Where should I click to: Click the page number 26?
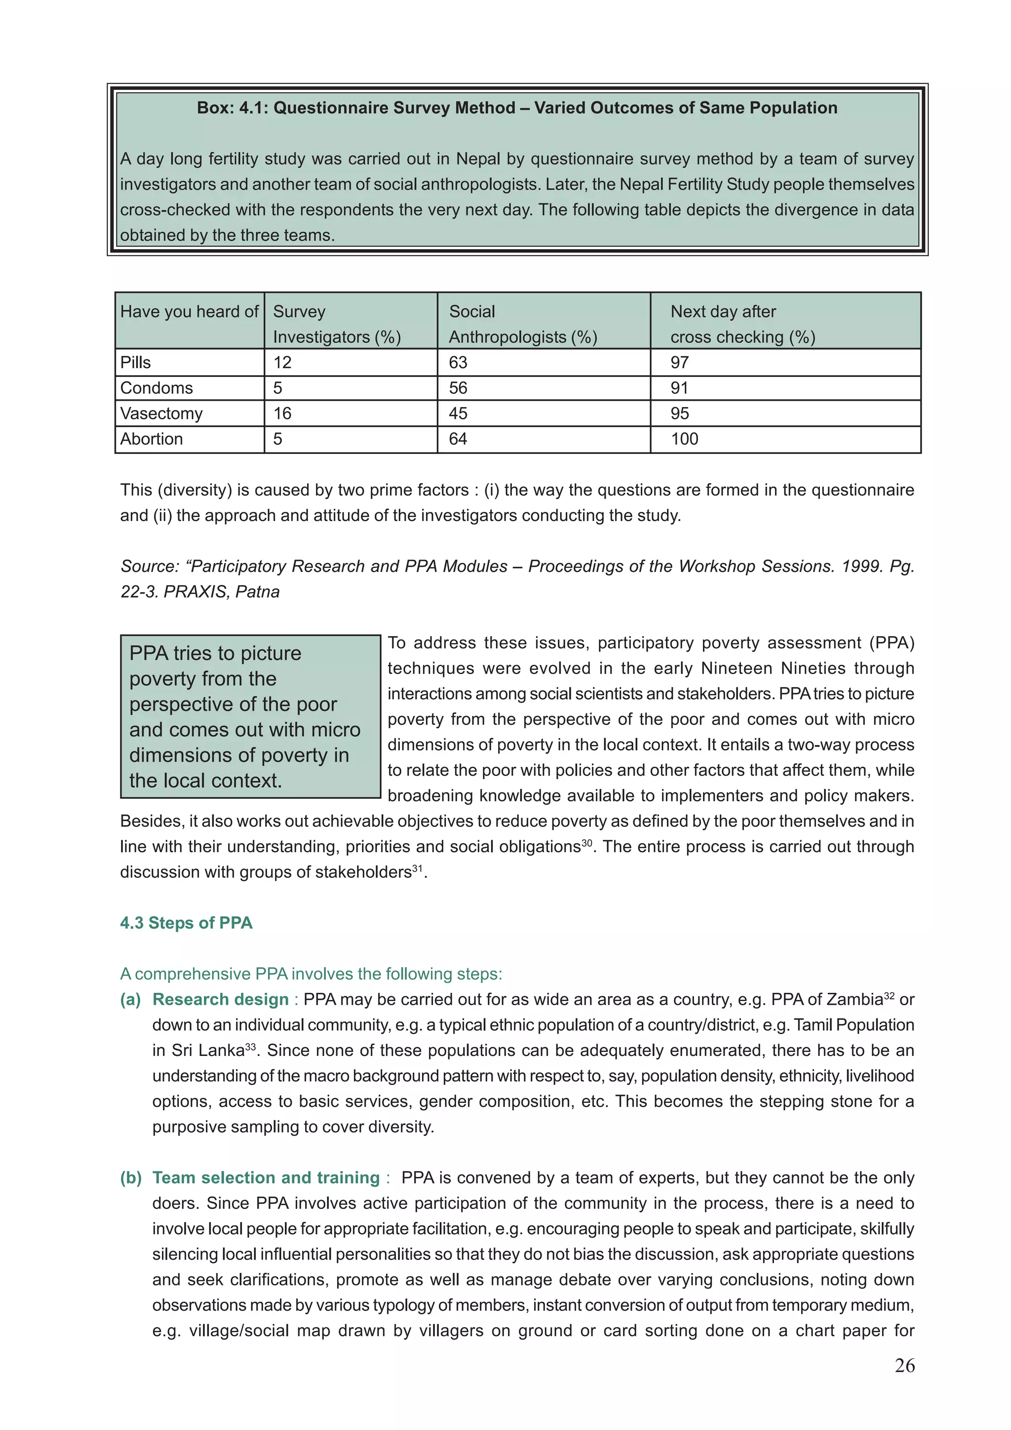point(904,1365)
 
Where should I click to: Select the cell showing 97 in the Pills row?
point(680,363)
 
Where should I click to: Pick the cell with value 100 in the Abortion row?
point(685,439)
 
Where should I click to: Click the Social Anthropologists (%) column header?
point(523,324)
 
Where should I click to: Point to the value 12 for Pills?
point(282,363)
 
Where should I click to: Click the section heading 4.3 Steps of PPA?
point(186,923)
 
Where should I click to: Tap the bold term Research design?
point(221,1000)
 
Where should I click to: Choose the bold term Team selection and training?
point(266,1178)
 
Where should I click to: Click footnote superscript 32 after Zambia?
point(889,995)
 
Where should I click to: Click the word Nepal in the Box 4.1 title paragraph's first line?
point(478,159)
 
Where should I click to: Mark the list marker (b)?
point(131,1178)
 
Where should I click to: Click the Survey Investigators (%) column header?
point(336,324)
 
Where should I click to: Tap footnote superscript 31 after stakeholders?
point(417,868)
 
